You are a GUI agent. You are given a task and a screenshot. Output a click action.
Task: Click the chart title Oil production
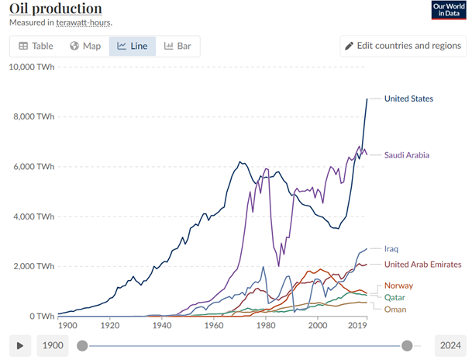tap(55, 9)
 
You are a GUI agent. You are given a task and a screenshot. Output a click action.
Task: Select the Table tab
tap(36, 46)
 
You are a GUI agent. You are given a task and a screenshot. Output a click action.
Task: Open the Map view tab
tap(85, 46)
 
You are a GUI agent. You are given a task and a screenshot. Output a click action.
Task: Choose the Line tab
tap(133, 46)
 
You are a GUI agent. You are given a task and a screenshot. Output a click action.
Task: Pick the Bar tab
tap(177, 46)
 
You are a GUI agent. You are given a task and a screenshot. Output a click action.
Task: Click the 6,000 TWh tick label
tap(33, 167)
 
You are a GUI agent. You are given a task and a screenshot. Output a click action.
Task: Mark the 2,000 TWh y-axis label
tap(33, 266)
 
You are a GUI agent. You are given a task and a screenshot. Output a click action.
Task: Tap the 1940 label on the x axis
tap(162, 327)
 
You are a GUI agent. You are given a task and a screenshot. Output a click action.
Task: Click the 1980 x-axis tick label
tap(266, 327)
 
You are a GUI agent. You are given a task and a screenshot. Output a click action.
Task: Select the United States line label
tap(408, 99)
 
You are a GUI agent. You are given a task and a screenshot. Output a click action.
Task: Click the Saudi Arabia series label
tap(406, 155)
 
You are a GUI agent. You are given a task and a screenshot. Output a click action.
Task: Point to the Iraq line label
tap(391, 249)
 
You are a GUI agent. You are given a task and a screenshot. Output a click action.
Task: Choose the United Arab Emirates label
tap(422, 265)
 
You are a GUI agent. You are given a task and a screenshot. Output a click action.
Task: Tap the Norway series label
tap(398, 286)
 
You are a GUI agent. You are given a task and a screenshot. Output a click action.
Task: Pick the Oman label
tap(395, 309)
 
